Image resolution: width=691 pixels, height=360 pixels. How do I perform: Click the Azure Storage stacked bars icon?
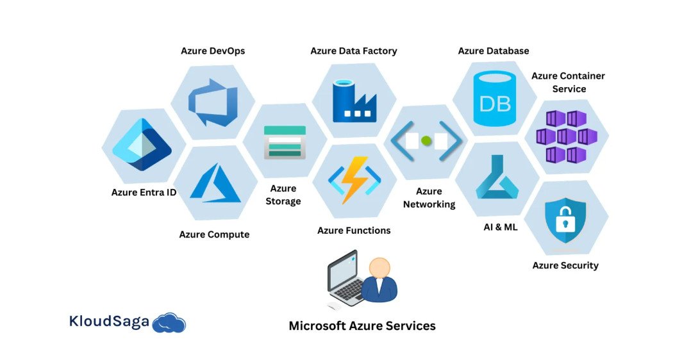tap(285, 142)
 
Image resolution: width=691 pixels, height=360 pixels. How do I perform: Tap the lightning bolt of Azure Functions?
tap(354, 181)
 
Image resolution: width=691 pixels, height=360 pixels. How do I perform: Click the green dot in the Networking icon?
tap(426, 140)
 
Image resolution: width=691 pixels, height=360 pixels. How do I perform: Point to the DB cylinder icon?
tap(494, 98)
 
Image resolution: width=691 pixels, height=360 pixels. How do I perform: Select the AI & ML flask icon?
tap(496, 180)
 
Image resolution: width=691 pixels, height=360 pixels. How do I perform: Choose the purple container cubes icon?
tap(566, 136)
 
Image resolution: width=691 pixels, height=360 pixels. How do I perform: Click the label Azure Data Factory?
tap(354, 51)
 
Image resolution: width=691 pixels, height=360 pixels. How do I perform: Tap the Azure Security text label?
tap(565, 265)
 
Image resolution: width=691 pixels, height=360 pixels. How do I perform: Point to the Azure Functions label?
tap(354, 230)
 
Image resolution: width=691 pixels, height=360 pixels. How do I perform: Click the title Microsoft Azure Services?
tap(362, 325)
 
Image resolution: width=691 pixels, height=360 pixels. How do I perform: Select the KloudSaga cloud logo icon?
tap(169, 323)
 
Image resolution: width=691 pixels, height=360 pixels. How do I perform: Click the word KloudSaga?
tap(109, 322)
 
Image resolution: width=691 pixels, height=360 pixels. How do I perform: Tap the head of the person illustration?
tap(379, 268)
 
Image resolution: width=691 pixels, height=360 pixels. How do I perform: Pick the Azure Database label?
tap(494, 51)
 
